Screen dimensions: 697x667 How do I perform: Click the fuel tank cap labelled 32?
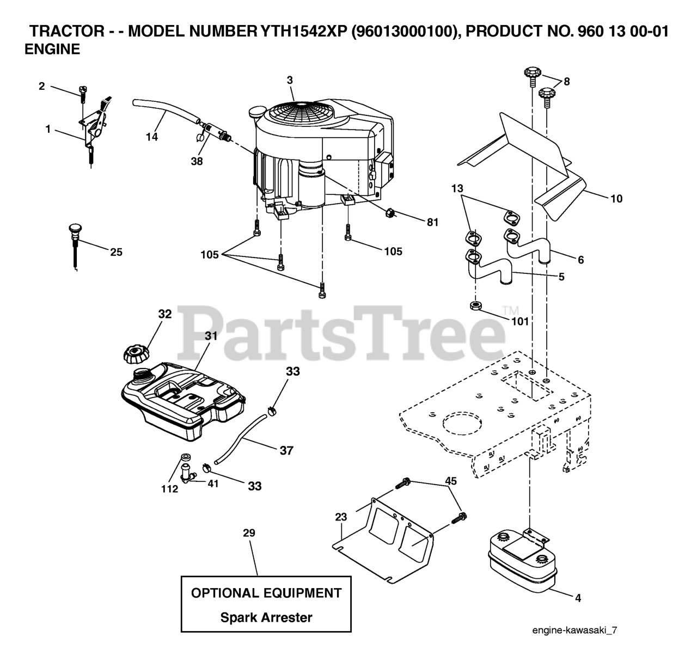click(136, 354)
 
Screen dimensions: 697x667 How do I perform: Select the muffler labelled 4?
click(519, 561)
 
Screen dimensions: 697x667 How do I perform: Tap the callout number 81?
click(433, 222)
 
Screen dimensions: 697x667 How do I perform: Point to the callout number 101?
click(520, 321)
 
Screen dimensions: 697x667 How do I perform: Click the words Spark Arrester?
click(266, 617)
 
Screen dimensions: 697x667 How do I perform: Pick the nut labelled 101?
click(475, 305)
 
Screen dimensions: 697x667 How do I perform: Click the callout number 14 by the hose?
click(152, 137)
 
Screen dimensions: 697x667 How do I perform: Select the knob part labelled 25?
click(75, 229)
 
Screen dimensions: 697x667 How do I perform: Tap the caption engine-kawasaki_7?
click(575, 631)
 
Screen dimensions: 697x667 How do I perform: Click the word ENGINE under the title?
click(53, 50)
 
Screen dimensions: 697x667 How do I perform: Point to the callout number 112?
click(169, 489)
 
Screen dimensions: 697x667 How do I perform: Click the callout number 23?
click(341, 518)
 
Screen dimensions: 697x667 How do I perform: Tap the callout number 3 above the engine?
click(290, 80)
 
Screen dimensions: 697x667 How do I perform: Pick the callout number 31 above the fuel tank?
click(211, 336)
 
